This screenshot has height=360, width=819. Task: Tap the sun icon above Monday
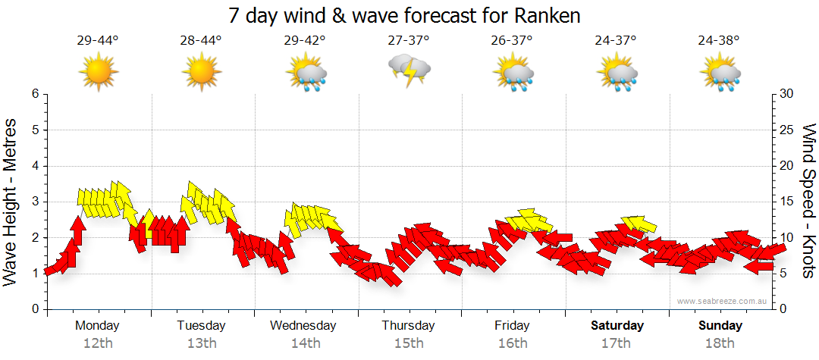[x=98, y=73]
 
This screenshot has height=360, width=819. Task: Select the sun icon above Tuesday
[x=202, y=73]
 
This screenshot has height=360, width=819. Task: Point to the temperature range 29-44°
[x=98, y=40]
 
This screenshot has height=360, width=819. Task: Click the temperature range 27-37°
[x=409, y=40]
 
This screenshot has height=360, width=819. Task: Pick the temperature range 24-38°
[x=720, y=40]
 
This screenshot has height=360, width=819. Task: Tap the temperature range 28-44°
[x=202, y=40]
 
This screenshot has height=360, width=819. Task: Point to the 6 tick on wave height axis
[x=34, y=94]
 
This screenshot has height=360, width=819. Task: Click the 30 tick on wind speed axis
[x=786, y=94]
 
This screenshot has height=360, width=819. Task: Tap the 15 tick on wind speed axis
[x=786, y=202]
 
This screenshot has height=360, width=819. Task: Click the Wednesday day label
[x=303, y=326]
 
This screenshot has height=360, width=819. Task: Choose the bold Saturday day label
[x=617, y=326]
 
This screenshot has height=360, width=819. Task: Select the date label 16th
[x=513, y=343]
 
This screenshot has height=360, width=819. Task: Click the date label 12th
[x=98, y=343]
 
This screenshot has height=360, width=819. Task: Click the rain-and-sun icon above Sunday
[x=720, y=74]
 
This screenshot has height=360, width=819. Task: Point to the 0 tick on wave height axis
[x=34, y=309]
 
